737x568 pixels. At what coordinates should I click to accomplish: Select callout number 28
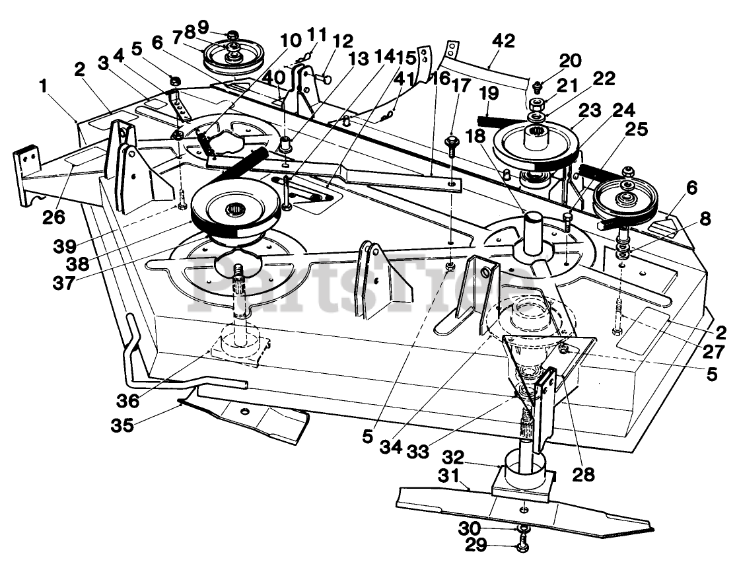coord(584,474)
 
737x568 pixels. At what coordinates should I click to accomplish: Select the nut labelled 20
coord(537,85)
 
